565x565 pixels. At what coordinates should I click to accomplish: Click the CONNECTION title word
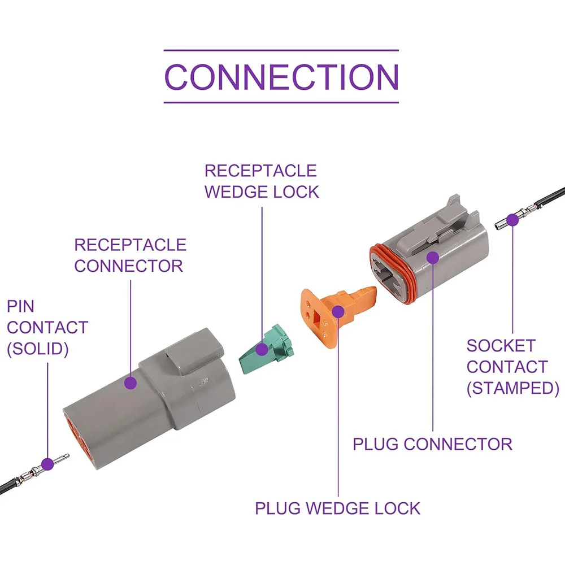click(x=281, y=77)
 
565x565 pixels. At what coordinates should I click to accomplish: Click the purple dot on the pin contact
click(x=47, y=464)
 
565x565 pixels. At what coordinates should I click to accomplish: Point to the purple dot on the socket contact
click(x=512, y=220)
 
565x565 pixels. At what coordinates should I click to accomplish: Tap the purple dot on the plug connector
click(x=432, y=258)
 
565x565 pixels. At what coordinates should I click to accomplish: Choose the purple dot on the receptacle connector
click(x=131, y=383)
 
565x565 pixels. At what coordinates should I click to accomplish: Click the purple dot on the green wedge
click(x=262, y=349)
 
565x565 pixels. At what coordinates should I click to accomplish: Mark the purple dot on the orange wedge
click(x=338, y=311)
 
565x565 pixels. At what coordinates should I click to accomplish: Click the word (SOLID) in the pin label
click(x=38, y=349)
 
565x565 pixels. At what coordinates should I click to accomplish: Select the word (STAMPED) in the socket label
click(x=513, y=388)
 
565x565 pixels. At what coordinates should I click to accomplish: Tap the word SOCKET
click(x=501, y=346)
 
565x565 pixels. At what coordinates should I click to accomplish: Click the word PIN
click(x=20, y=307)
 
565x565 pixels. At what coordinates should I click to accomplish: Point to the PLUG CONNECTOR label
click(x=432, y=444)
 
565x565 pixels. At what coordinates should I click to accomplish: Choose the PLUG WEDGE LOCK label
click(x=338, y=508)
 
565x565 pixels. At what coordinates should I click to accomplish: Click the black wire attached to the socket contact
click(x=550, y=197)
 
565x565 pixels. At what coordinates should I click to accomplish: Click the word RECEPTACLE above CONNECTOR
click(x=131, y=245)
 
